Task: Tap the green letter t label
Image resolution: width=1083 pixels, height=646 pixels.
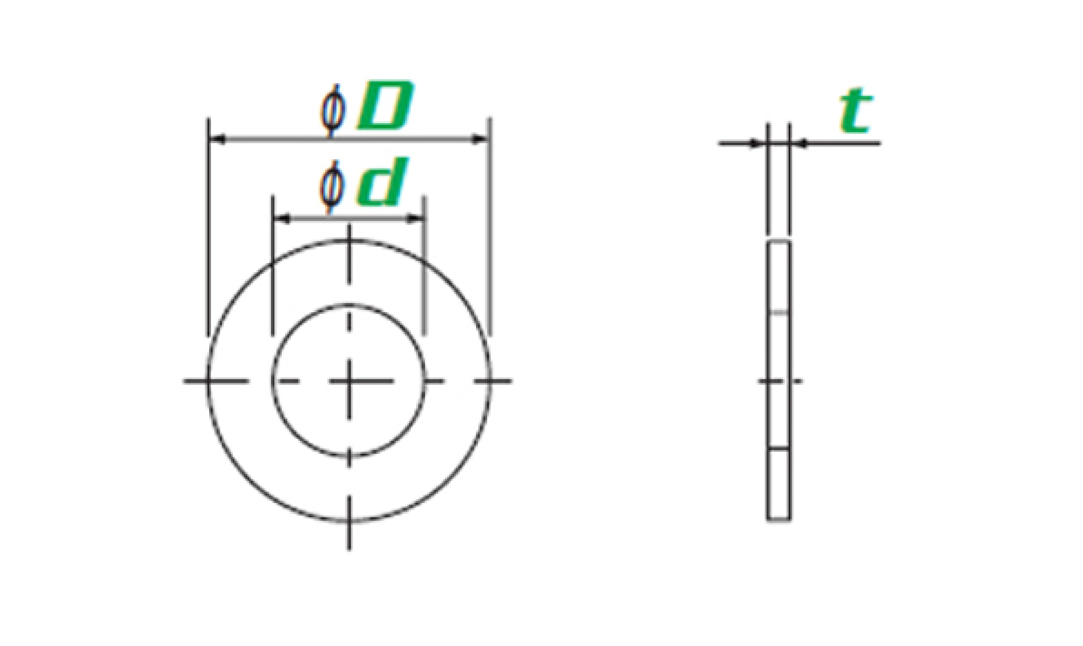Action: click(855, 110)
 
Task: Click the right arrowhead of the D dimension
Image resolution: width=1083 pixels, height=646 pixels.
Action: click(481, 140)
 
